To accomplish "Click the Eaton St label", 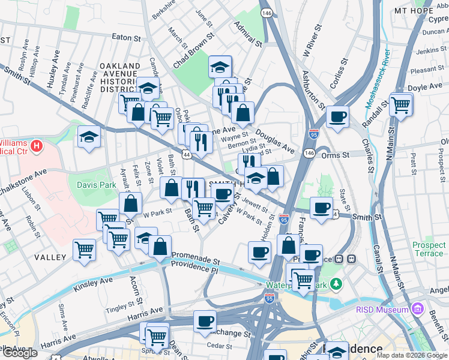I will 126,37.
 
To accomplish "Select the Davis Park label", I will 96,185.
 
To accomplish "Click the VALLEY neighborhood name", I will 50,257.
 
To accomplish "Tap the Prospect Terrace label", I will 429,250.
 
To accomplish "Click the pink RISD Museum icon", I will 418,310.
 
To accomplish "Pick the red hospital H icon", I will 37,146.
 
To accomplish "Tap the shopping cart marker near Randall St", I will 400,104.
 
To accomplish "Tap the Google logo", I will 20,353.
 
